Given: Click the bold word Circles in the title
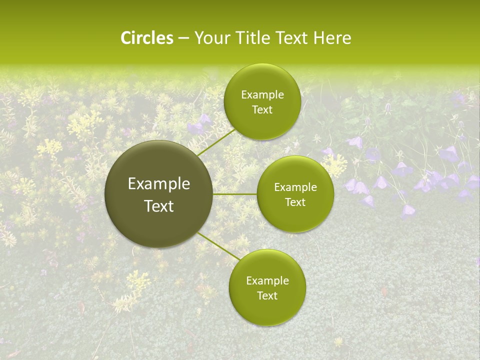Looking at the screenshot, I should [147, 38].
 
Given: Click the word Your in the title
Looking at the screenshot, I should [210, 38].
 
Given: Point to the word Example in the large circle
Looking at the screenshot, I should [159, 184].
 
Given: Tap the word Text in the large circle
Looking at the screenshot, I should [159, 206].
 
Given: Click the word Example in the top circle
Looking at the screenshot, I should [262, 95].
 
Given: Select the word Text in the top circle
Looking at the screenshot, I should [262, 110].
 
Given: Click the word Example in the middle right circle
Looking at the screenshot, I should [295, 187].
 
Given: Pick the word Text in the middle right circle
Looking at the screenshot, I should [295, 202].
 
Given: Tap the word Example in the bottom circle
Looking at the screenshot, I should [267, 281].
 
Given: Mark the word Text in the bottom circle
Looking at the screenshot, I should [267, 296].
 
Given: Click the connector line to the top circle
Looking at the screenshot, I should [216, 142].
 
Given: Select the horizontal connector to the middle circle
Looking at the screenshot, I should [235, 194].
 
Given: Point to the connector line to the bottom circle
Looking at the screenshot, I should [219, 246].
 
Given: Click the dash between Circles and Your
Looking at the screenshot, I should [183, 38].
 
